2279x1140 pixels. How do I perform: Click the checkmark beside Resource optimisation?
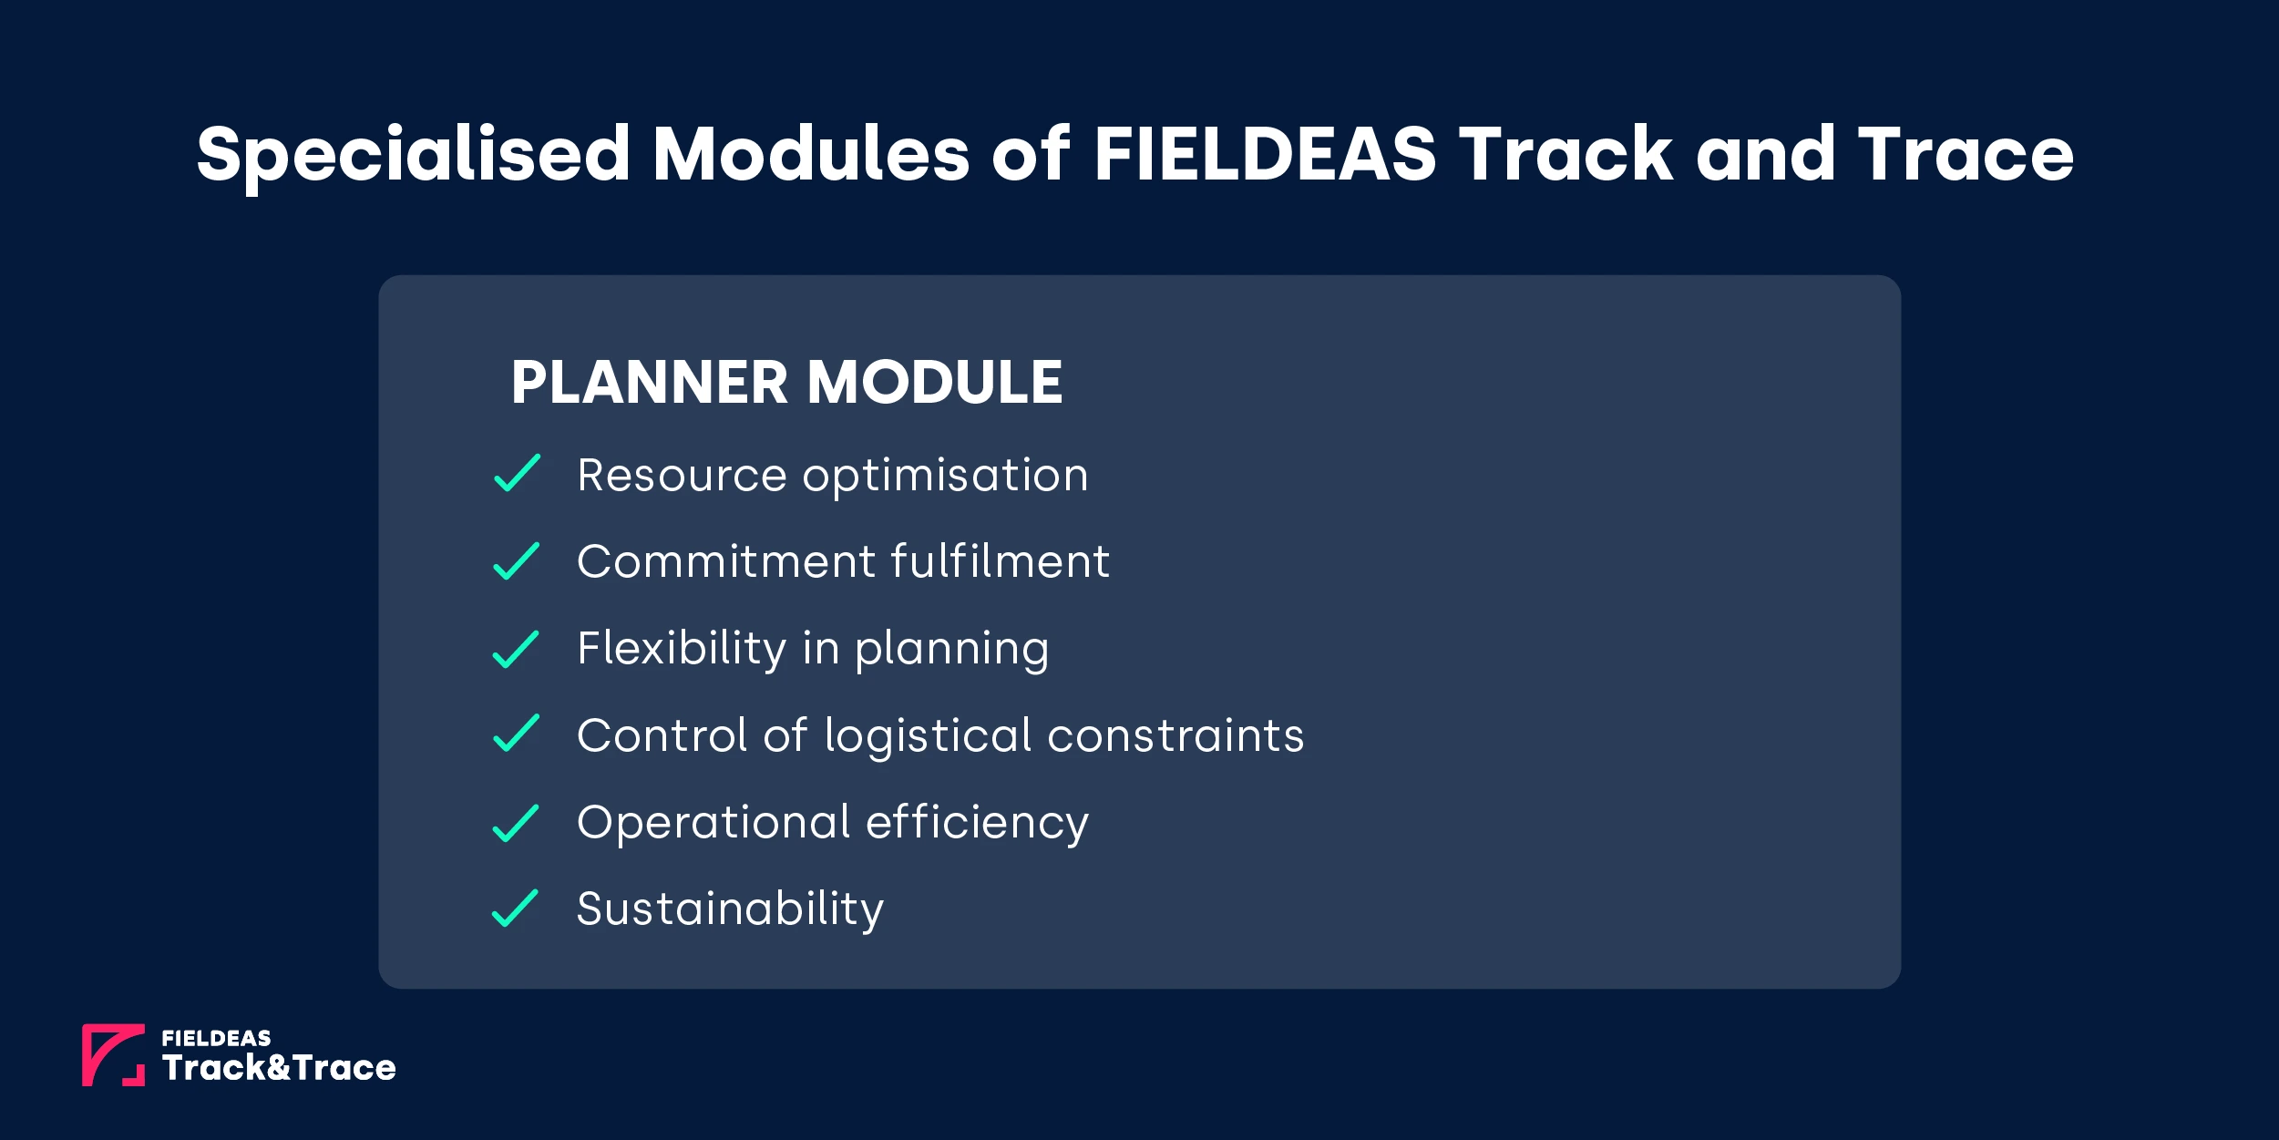[x=517, y=473]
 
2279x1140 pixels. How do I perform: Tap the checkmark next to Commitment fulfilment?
[x=517, y=560]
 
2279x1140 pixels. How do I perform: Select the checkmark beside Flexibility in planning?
[x=516, y=649]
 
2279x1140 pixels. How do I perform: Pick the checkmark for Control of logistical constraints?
[x=516, y=734]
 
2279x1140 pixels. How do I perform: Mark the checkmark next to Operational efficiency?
[x=516, y=823]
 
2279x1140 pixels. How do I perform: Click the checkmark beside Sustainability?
[x=516, y=909]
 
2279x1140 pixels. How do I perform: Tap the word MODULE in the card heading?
[x=935, y=382]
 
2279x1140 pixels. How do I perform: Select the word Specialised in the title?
[x=413, y=155]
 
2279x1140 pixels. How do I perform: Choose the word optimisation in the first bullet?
[x=945, y=477]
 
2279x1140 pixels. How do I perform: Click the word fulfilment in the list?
[x=1000, y=560]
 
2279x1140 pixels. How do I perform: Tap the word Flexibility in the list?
[x=682, y=649]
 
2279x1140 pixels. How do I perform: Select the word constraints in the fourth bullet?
[x=1175, y=735]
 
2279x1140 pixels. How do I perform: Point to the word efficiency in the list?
[x=977, y=823]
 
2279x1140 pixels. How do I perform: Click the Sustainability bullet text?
[x=730, y=909]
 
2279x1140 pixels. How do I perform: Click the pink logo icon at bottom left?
[x=113, y=1055]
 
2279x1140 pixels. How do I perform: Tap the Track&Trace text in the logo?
[x=279, y=1068]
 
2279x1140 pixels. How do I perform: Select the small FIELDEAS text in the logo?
[x=216, y=1038]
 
